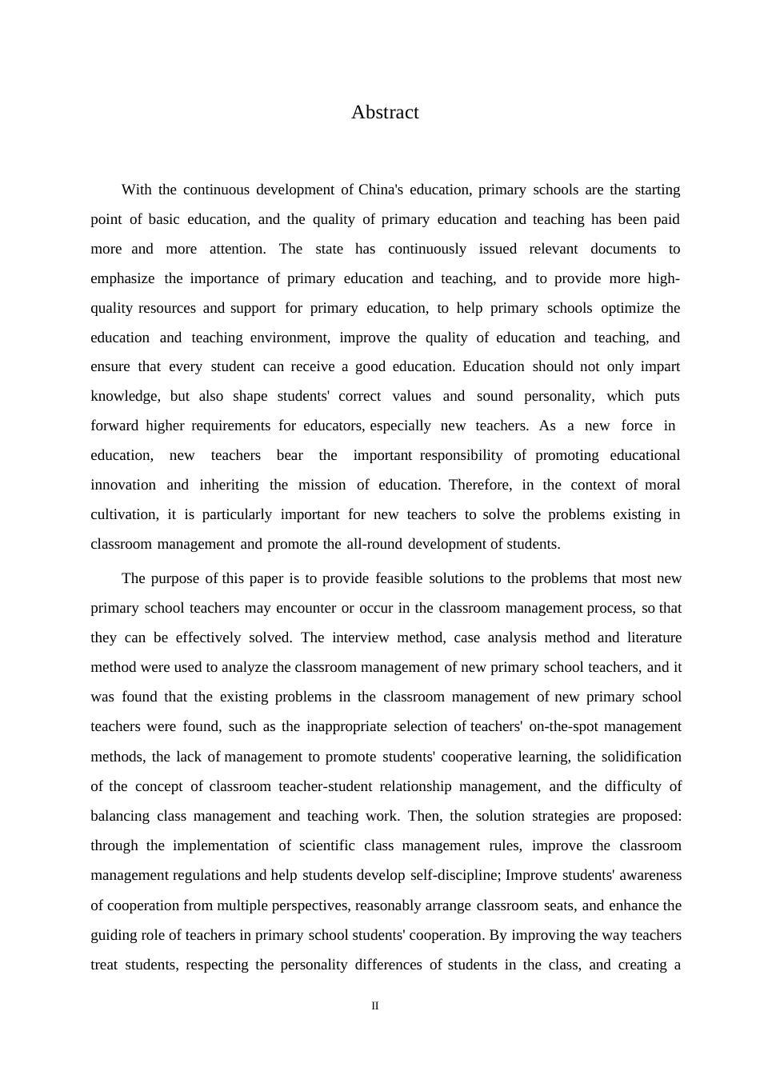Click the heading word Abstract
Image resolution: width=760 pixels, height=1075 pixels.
tap(385, 113)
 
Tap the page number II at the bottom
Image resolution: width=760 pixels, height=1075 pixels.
tap(375, 1006)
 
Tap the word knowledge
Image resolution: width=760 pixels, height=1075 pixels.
tap(125, 396)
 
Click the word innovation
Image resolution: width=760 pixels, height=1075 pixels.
tap(123, 485)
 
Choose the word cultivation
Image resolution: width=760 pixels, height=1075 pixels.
tap(124, 514)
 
